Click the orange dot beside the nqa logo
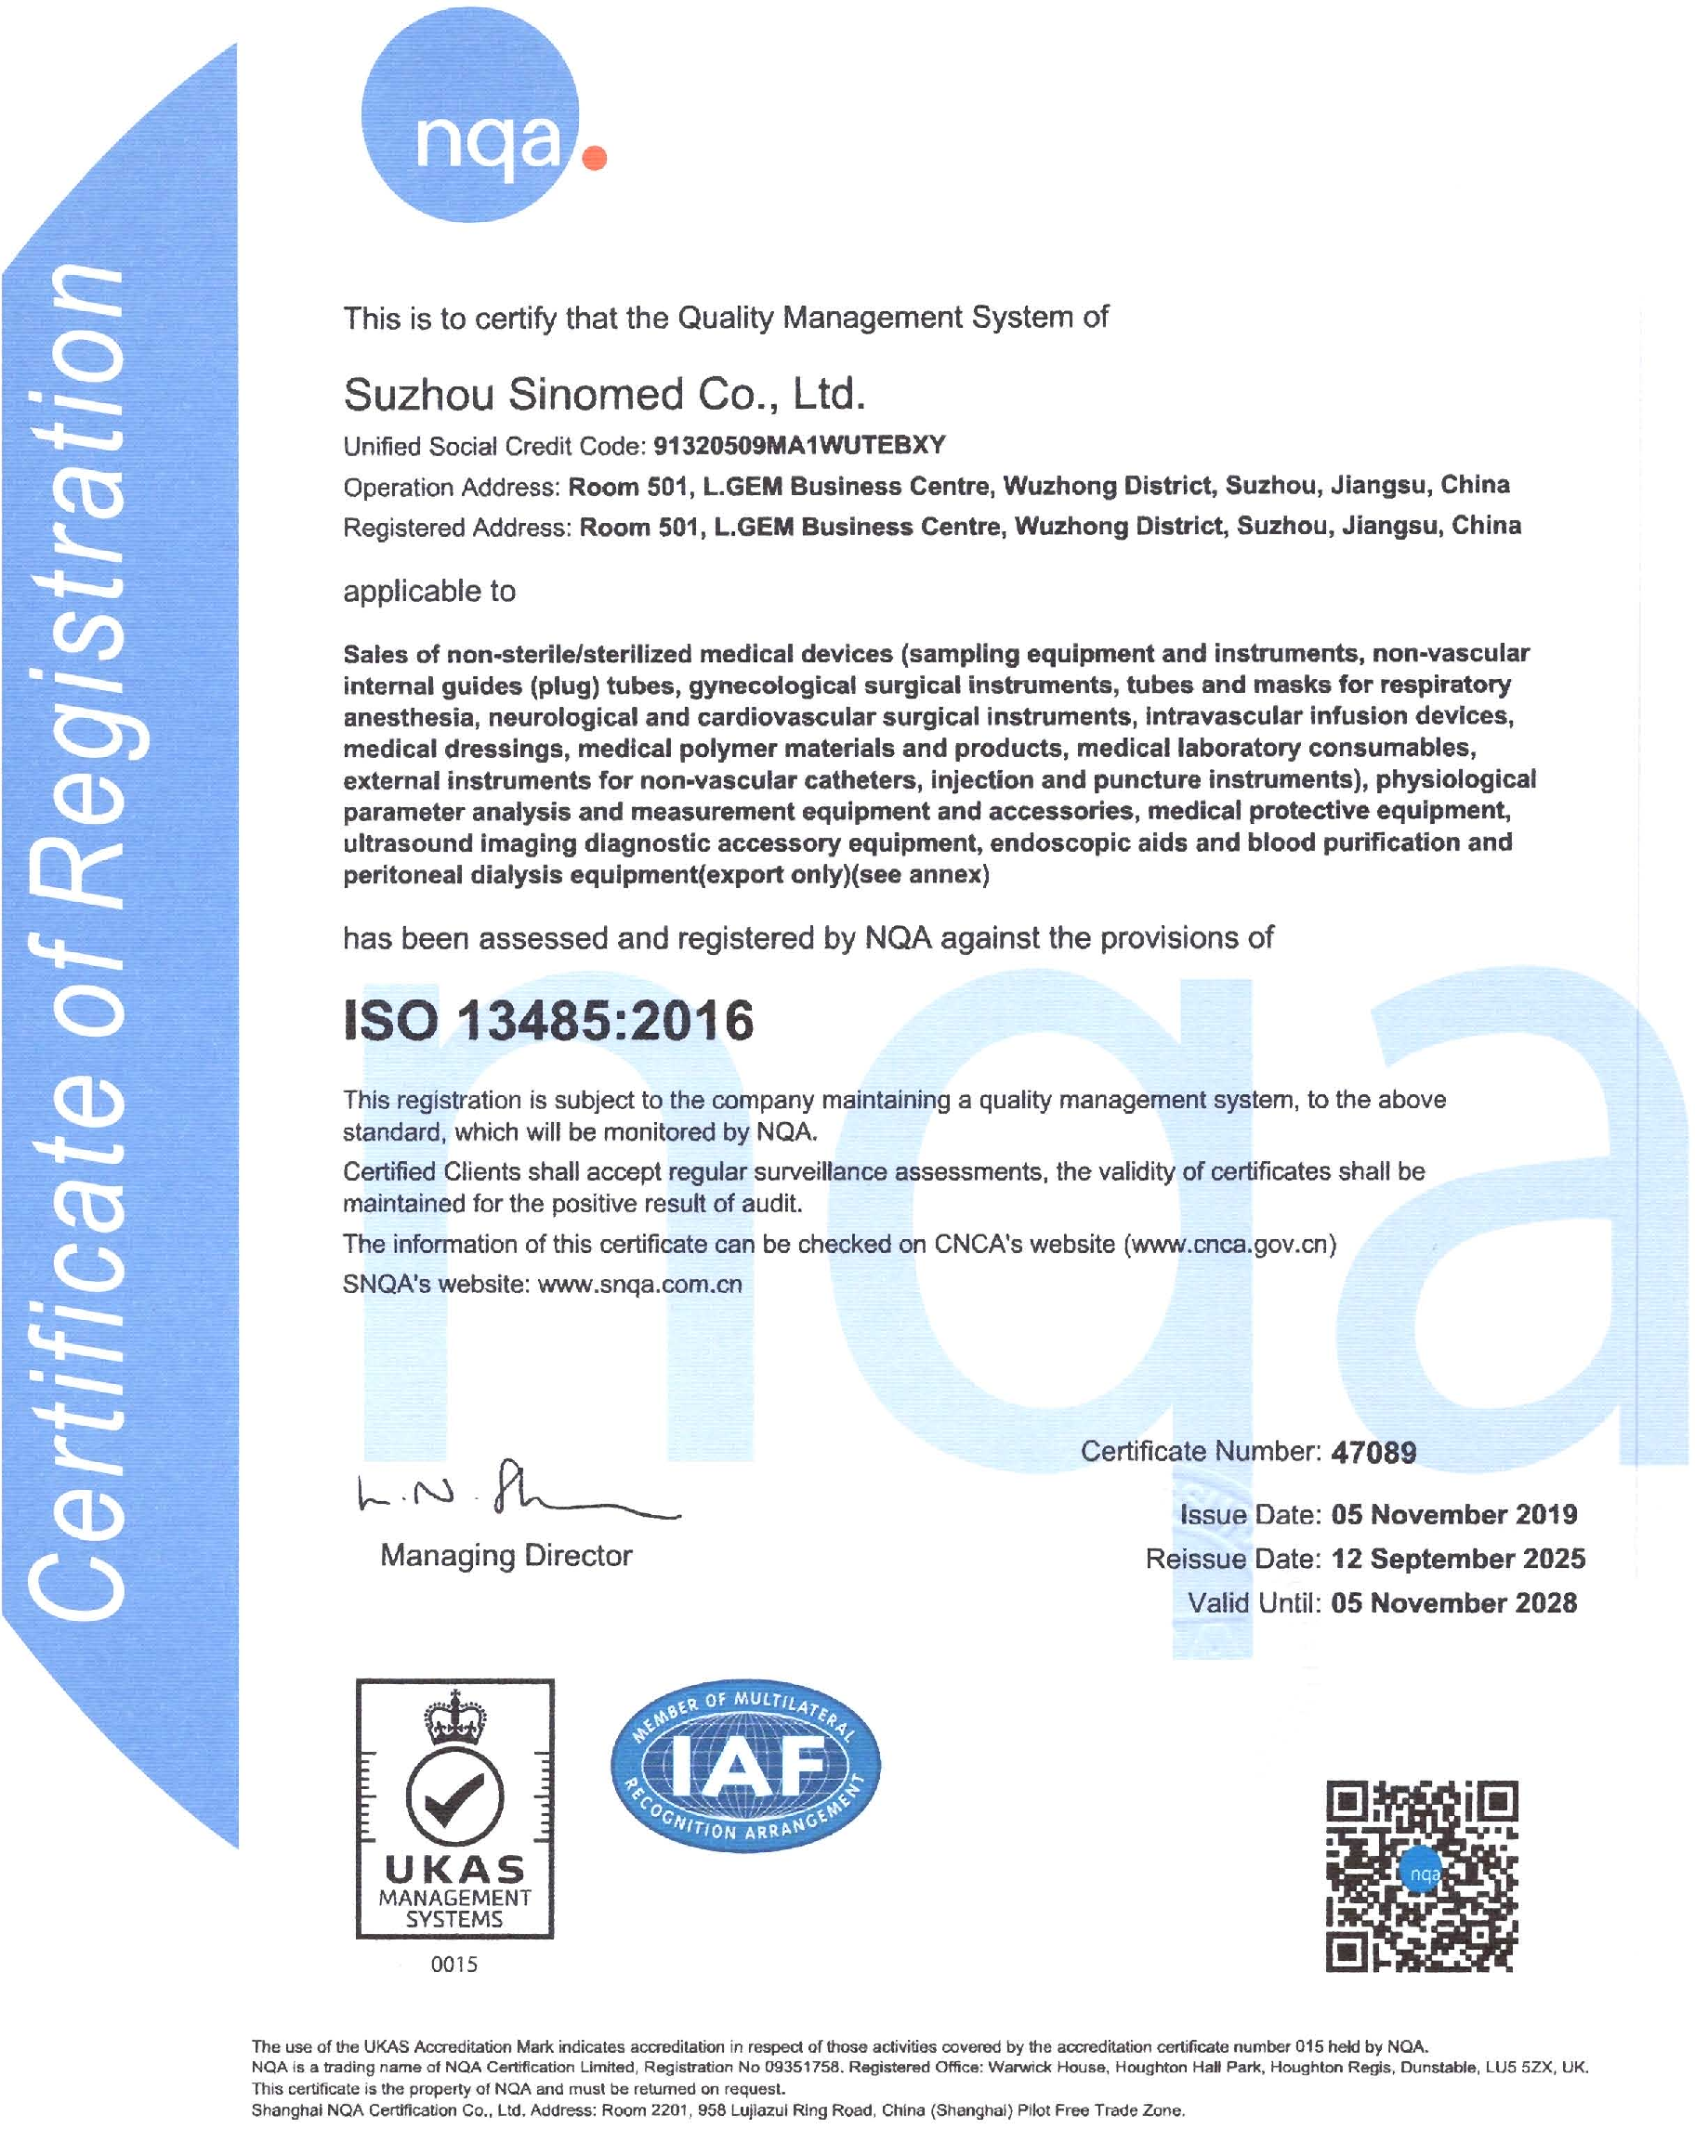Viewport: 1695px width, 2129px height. pyautogui.click(x=595, y=158)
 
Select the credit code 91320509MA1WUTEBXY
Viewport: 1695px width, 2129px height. pyautogui.click(x=799, y=445)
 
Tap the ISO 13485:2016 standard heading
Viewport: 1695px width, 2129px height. pyautogui.click(x=548, y=1020)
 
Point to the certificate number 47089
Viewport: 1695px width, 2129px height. pyautogui.click(x=1373, y=1453)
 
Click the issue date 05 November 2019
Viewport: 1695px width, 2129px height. pyautogui.click(x=1454, y=1515)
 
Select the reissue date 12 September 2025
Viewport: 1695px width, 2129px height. pyautogui.click(x=1458, y=1560)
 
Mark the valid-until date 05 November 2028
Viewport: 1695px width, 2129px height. pyautogui.click(x=1454, y=1602)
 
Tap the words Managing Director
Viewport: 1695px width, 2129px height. pyautogui.click(x=506, y=1556)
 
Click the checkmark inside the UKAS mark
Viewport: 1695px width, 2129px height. pyautogui.click(x=455, y=1797)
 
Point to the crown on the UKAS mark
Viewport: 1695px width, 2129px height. pyautogui.click(x=455, y=1718)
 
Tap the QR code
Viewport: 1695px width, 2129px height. pyautogui.click(x=1422, y=1875)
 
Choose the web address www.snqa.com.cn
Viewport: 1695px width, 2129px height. pyautogui.click(x=639, y=1285)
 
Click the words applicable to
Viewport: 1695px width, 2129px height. pyautogui.click(x=428, y=592)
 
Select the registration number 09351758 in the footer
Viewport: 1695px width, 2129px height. pyautogui.click(x=803, y=2067)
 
